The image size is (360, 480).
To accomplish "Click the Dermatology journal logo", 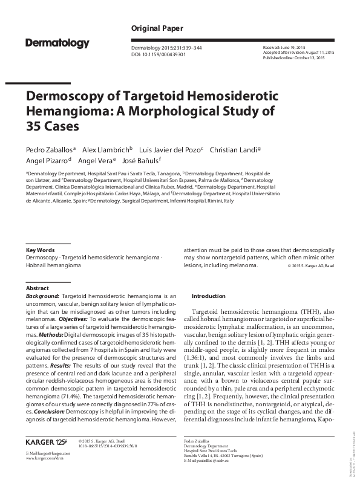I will [x=57, y=43].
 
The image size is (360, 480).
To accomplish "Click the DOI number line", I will [x=158, y=54].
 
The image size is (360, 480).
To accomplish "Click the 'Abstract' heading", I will [x=38, y=289].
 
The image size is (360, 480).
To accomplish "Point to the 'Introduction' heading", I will [x=208, y=296].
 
